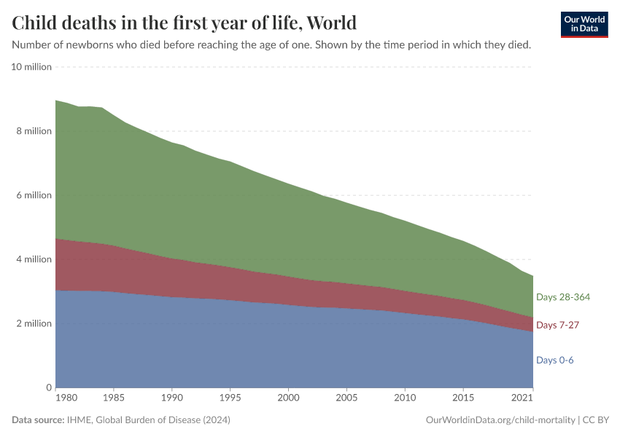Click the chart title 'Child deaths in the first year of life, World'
185,23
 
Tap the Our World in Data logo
584,24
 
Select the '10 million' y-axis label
31,67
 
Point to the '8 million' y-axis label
34,131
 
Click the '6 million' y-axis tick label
34,195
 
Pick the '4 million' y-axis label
34,259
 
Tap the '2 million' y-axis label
34,323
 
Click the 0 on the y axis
49,387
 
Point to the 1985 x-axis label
114,398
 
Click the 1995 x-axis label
230,398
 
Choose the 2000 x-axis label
289,398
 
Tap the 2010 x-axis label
405,398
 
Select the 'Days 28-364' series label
563,297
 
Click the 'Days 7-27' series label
557,325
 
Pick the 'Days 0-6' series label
555,360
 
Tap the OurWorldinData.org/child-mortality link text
500,420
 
